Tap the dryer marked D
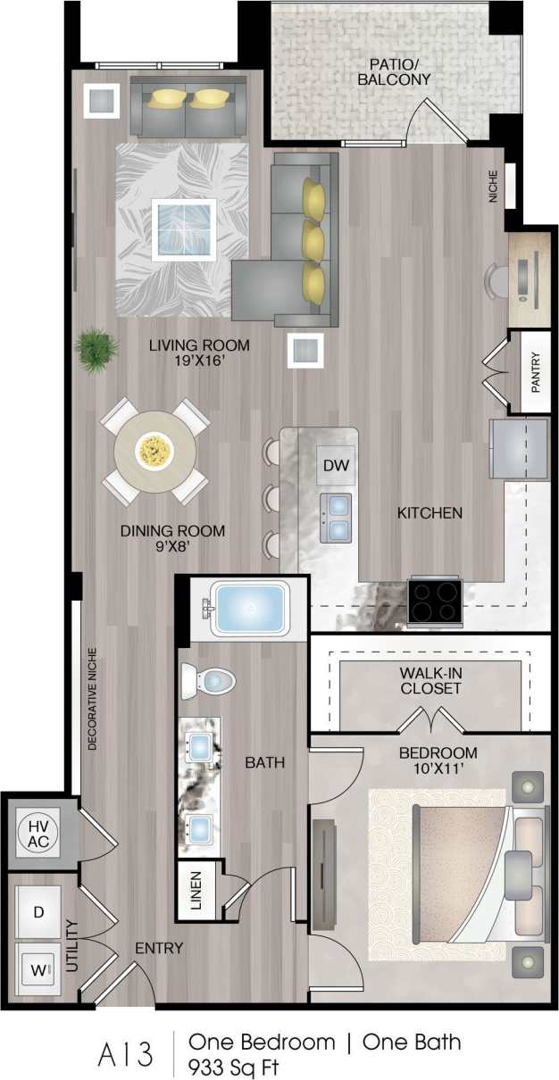pos(38,912)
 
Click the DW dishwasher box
pos(335,465)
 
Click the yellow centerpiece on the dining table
pos(154,451)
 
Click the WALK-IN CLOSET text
pos(430,680)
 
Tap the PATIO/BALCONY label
pos(400,71)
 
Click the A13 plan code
pos(124,1053)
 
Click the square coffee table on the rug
pos(184,229)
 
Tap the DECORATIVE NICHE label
pos(92,697)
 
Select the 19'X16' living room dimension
pos(199,362)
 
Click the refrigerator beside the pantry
pos(518,449)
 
